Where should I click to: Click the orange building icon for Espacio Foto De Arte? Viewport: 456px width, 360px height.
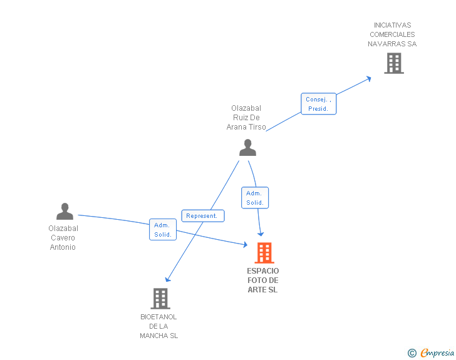click(264, 253)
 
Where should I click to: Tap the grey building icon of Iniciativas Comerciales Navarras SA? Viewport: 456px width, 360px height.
click(393, 63)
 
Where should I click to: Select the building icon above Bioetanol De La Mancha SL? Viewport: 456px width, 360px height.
click(160, 299)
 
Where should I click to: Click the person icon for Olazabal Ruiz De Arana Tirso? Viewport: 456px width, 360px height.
click(248, 148)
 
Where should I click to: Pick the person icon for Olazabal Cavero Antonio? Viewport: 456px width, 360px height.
click(65, 212)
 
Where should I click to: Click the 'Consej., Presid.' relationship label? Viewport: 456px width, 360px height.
click(318, 104)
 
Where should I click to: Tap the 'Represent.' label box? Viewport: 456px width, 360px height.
click(202, 216)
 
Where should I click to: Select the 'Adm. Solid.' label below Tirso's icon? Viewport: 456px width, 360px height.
click(255, 198)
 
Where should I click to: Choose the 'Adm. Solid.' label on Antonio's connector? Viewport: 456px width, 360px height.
click(162, 230)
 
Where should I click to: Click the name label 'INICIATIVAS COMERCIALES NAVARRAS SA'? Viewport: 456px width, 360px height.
click(392, 35)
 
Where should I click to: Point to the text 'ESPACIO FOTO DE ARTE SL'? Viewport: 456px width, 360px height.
click(263, 280)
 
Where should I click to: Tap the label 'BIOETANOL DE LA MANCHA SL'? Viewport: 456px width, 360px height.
click(159, 326)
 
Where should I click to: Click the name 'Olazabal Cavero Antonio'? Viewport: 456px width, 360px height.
click(63, 238)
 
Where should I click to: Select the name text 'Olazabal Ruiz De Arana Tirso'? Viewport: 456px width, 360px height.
click(246, 118)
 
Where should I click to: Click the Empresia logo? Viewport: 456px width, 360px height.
click(437, 353)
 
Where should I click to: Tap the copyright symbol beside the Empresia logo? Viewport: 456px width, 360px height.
click(412, 353)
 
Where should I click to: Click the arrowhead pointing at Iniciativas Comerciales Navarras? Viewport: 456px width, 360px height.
click(369, 78)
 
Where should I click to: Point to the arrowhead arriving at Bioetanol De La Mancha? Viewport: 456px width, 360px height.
click(167, 280)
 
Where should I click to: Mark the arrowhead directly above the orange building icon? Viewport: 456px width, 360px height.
click(261, 233)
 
